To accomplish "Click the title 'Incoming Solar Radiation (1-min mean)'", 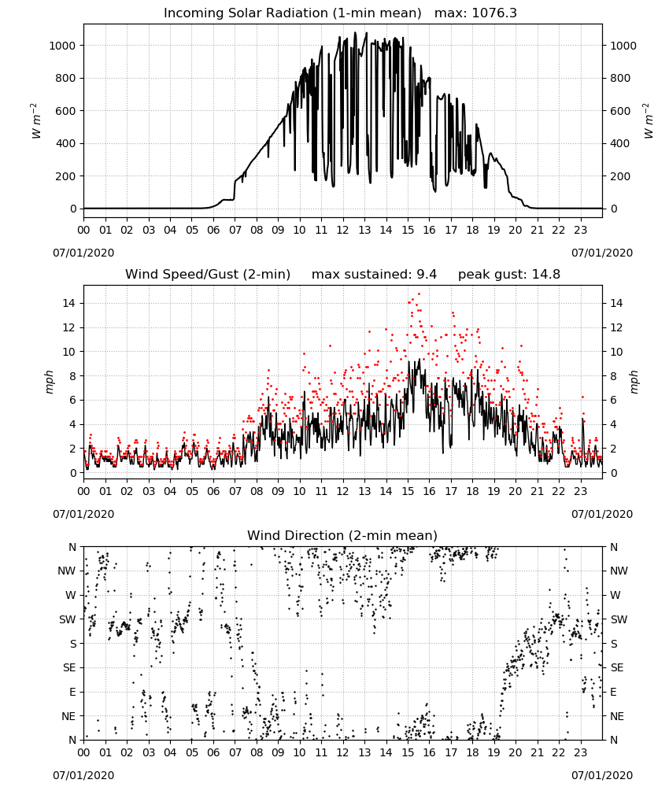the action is (293, 13).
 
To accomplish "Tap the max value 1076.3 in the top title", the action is (494, 13).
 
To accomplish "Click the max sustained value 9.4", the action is (427, 275).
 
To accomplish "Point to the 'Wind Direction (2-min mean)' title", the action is (342, 535).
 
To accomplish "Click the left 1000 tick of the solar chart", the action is (62, 46).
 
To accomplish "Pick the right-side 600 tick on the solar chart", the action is (620, 111).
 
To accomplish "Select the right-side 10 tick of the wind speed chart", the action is (616, 352).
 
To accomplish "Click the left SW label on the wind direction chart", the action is (68, 619).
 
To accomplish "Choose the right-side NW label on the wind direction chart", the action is (619, 571).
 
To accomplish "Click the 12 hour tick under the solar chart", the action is (343, 231).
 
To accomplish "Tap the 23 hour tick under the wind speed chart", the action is (581, 491).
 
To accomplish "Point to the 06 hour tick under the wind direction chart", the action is (213, 753).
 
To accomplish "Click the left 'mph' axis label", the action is (49, 382).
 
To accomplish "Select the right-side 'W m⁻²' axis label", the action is (648, 121).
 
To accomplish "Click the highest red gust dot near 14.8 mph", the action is (419, 294).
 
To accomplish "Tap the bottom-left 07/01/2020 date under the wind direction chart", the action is (83, 775).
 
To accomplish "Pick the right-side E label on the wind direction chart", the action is (613, 692).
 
